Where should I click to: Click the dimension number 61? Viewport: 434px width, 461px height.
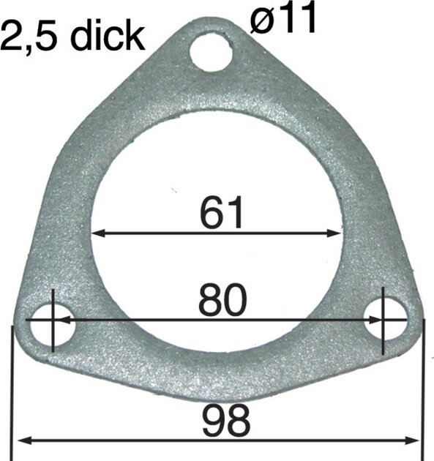coord(222,212)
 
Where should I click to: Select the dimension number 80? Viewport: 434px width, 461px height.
coord(222,300)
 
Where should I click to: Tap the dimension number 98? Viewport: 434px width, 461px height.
coord(226,420)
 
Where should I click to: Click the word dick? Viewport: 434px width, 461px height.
coord(108,36)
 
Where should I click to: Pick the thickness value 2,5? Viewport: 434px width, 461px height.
coord(29,37)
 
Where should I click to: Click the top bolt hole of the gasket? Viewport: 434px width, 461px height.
coord(211,50)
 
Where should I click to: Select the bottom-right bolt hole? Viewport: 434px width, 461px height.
coord(386,320)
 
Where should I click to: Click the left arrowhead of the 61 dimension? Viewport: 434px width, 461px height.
coord(98,233)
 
